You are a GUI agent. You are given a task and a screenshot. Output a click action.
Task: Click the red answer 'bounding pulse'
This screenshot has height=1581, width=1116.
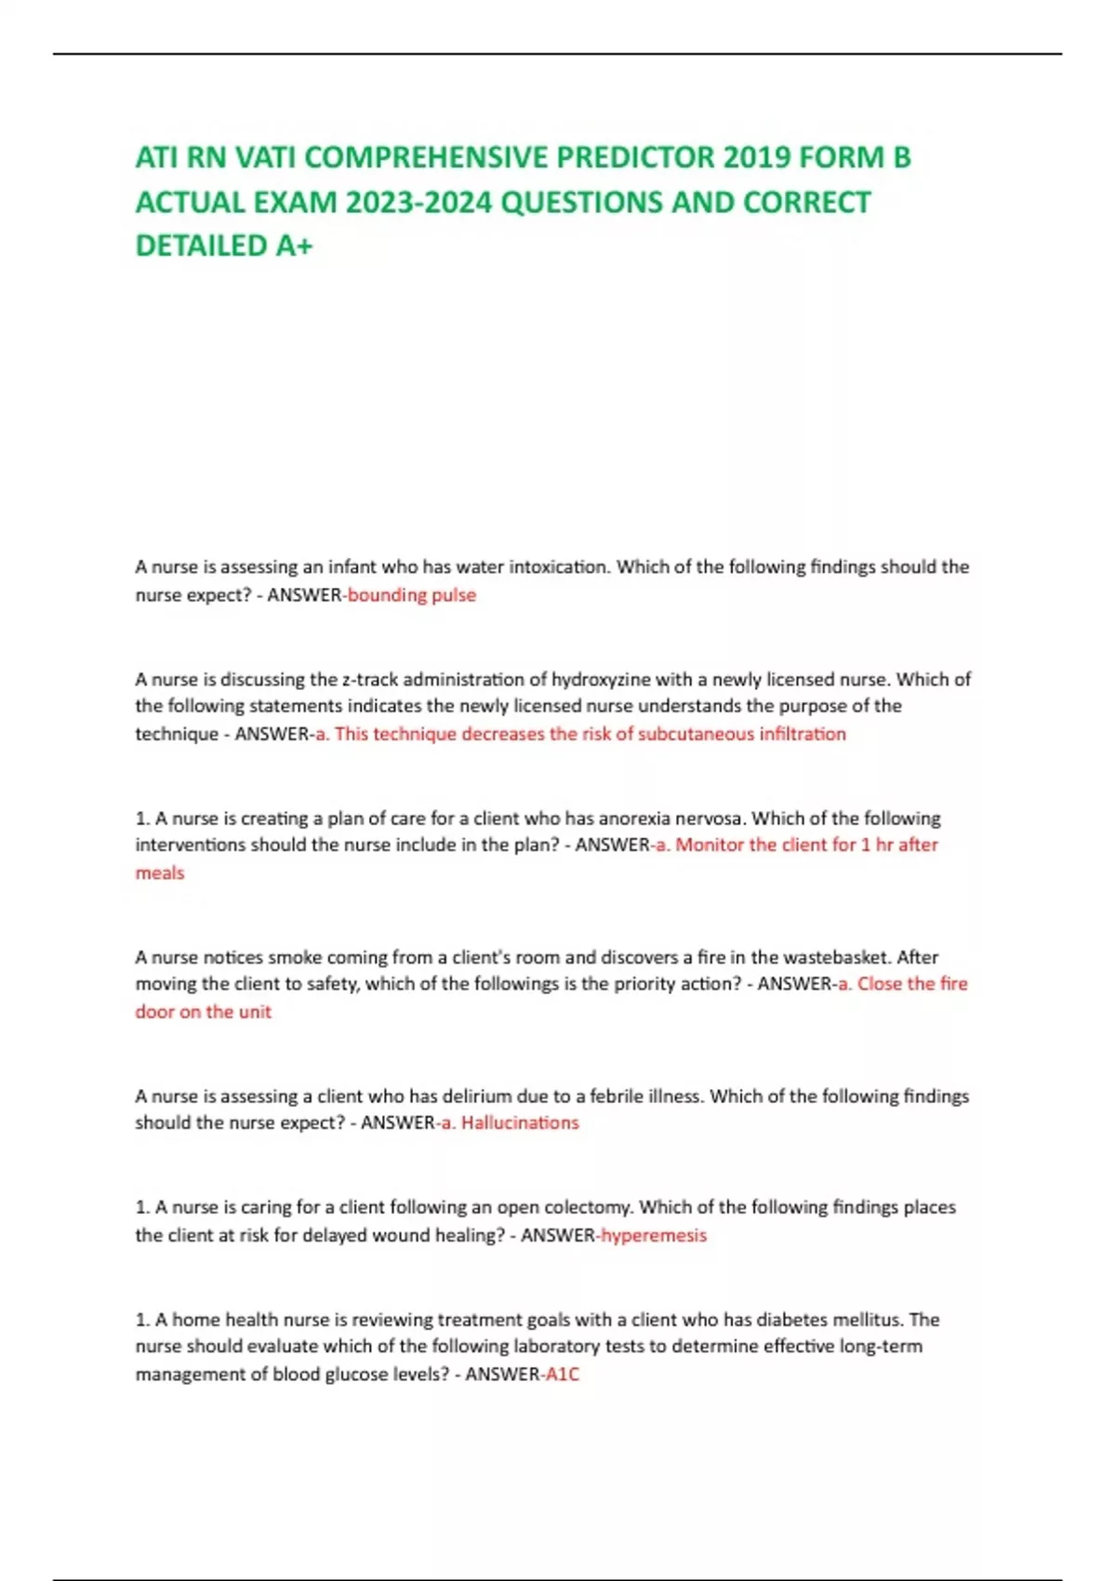[x=411, y=595]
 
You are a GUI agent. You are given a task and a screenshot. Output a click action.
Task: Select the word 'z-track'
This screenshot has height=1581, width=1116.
[x=370, y=679]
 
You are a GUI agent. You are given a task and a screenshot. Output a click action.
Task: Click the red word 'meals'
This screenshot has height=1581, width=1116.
[x=160, y=873]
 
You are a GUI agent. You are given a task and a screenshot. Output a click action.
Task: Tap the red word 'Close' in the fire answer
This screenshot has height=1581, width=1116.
[x=877, y=984]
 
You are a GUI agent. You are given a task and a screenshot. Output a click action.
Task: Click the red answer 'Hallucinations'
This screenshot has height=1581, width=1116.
[x=520, y=1123]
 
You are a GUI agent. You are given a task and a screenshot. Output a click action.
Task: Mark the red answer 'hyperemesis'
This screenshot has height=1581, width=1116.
[x=654, y=1235]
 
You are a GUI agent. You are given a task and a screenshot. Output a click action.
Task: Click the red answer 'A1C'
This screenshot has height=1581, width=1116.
[x=562, y=1374]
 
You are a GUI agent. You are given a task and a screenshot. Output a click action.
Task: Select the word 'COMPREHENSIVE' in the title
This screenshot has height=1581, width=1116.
[x=428, y=157]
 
